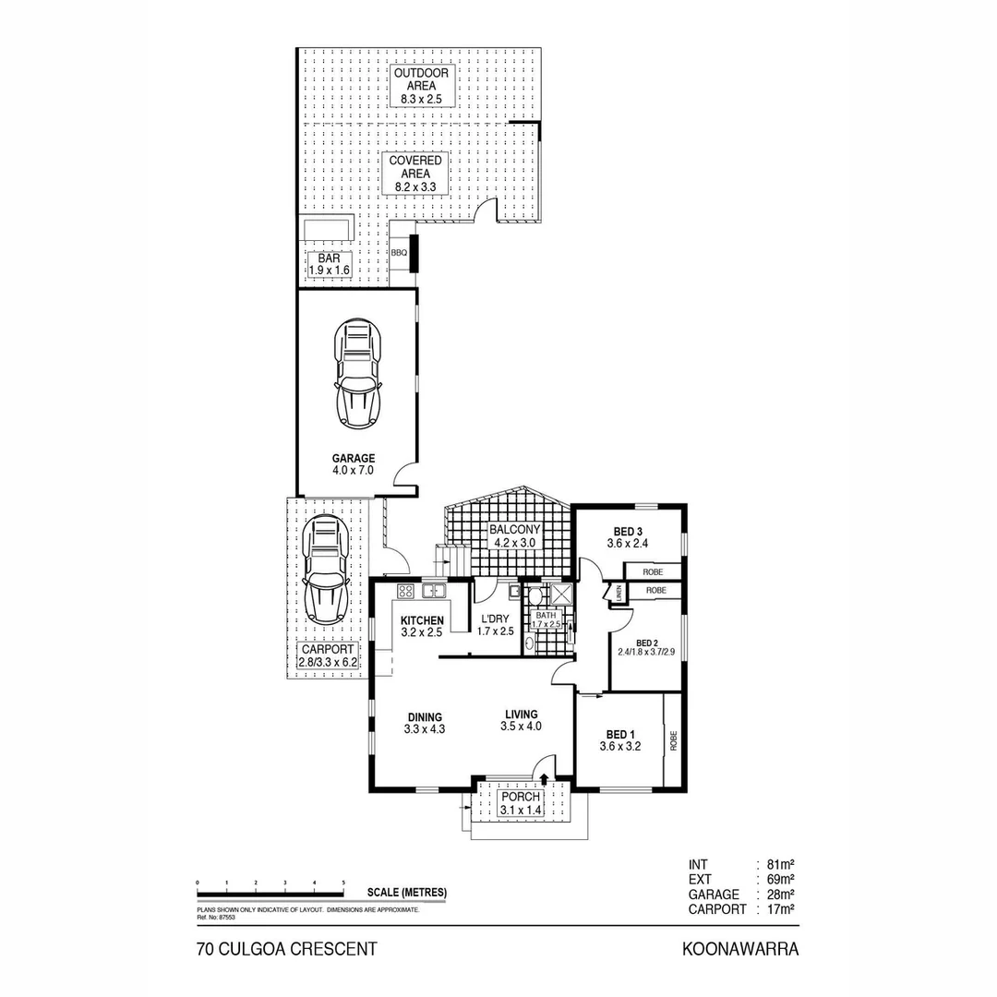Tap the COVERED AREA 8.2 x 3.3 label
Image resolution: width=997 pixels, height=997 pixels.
coord(414,174)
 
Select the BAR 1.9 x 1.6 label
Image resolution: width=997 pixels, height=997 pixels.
coord(329,264)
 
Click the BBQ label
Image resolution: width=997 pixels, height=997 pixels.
coord(399,252)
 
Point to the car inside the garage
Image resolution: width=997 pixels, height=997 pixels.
coord(358,374)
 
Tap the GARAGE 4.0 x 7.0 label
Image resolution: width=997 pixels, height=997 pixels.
coord(354,464)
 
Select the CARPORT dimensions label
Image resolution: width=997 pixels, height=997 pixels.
coord(328,655)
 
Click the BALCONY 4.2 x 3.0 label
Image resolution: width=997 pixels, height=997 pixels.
coord(514,536)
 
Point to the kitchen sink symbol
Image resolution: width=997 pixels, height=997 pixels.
coord(433,590)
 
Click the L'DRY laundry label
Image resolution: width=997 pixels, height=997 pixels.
coord(494,625)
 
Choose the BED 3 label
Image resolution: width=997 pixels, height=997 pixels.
coord(627,537)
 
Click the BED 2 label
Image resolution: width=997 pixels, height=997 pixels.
coord(646,649)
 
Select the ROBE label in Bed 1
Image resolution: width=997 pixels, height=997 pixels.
coord(675,739)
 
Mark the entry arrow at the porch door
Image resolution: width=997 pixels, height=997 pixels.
coord(544,779)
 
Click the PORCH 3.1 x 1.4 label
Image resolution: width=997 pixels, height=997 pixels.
coord(521,803)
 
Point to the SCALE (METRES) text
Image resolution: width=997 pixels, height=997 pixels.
coord(406,892)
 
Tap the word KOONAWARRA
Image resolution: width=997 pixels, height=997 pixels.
coord(739,948)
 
